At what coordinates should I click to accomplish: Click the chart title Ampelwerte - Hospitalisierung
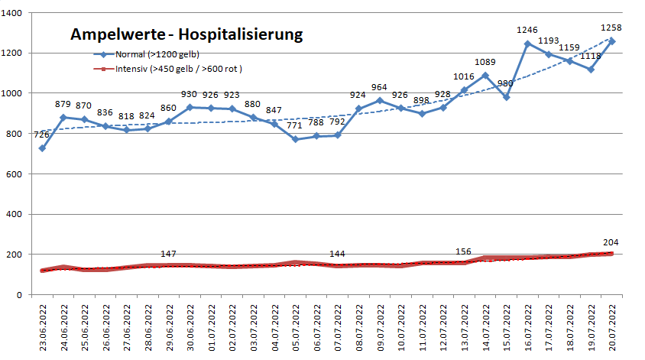click(186, 34)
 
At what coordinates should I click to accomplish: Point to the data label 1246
click(527, 30)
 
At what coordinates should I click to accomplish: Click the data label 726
click(41, 135)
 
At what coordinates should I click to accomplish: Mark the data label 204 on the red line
click(611, 242)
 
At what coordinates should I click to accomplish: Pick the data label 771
click(295, 126)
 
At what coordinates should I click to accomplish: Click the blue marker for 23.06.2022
click(43, 148)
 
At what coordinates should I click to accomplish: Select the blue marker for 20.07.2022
click(612, 41)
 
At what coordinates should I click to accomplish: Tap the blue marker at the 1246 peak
click(527, 44)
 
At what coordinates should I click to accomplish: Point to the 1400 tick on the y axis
click(16, 13)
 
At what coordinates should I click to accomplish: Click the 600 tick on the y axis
click(19, 174)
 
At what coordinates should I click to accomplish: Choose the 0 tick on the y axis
click(24, 295)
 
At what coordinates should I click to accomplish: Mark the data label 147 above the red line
click(170, 254)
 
